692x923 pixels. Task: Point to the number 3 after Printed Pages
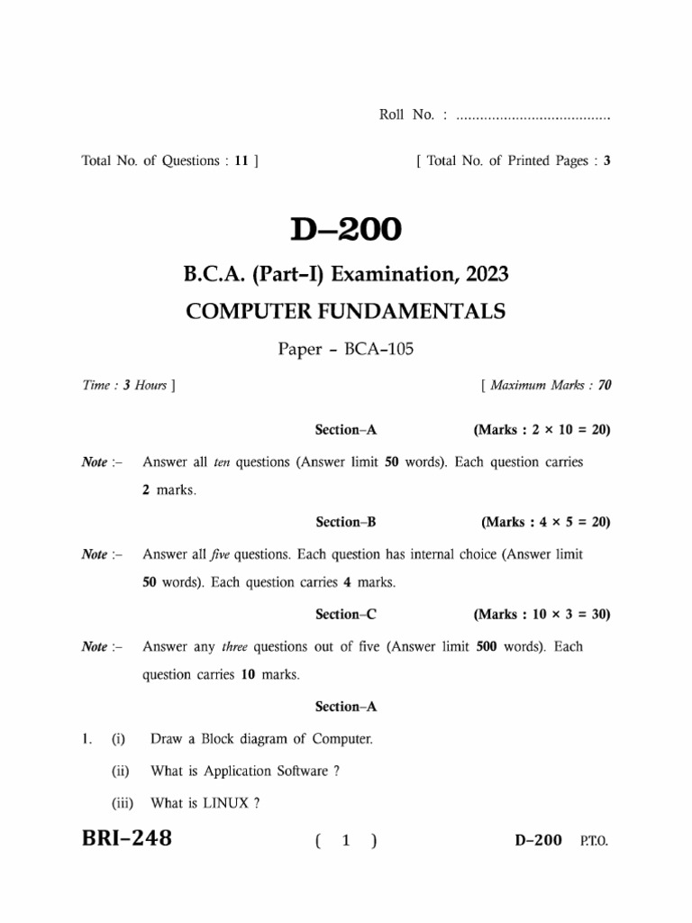pos(607,161)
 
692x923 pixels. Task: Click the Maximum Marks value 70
pos(604,386)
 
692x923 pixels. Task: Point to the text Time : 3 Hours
pos(125,386)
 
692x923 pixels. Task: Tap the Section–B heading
pos(338,522)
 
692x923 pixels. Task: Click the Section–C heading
pos(338,615)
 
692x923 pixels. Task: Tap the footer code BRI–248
pos(127,839)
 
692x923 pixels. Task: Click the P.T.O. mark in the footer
pos(594,841)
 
